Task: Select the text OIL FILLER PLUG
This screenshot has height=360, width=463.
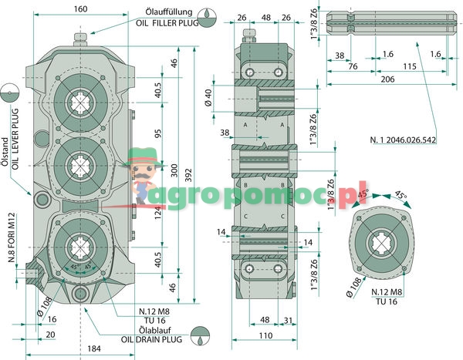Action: tap(167, 22)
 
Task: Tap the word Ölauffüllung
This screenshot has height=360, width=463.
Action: tap(169, 12)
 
